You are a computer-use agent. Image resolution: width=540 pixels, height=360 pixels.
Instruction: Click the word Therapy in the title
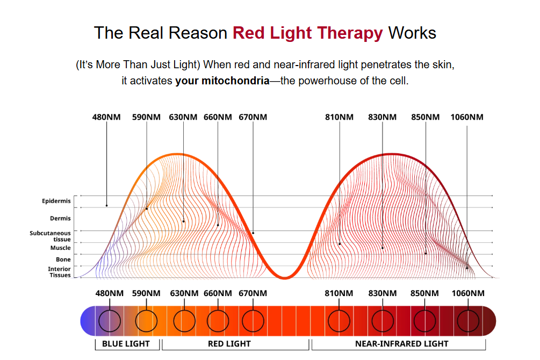[350, 33]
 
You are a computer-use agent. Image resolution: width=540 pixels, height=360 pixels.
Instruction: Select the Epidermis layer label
[56, 201]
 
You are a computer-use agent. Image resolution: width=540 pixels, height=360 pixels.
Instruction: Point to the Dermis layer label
[60, 219]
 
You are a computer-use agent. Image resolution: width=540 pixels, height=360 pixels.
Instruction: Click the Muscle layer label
[60, 248]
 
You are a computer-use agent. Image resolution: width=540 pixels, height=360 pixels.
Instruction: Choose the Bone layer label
[63, 260]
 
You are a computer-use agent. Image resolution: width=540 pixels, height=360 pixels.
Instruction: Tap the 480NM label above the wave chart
[106, 117]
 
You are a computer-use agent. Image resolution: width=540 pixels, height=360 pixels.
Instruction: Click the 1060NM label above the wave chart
[467, 117]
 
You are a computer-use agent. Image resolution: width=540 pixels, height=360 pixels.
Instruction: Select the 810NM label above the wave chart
[340, 117]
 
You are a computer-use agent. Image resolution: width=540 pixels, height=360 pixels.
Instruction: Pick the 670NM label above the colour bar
[253, 293]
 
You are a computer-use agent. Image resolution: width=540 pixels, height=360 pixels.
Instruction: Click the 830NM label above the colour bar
[383, 293]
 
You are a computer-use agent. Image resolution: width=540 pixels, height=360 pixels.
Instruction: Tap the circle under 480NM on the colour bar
[109, 321]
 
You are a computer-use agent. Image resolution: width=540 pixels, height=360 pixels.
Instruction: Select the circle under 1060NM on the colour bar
[467, 321]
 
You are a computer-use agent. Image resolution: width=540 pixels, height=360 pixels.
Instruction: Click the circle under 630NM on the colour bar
[184, 321]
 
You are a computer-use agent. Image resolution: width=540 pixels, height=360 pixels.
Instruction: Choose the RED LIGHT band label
[229, 343]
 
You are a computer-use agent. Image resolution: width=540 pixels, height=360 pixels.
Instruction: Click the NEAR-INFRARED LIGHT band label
[402, 343]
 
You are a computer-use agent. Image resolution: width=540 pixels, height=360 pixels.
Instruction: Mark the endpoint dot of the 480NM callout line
[106, 206]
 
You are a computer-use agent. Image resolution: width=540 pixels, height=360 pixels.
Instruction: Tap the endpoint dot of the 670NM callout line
[253, 233]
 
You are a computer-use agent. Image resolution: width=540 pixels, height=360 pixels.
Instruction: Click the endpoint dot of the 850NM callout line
[426, 253]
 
